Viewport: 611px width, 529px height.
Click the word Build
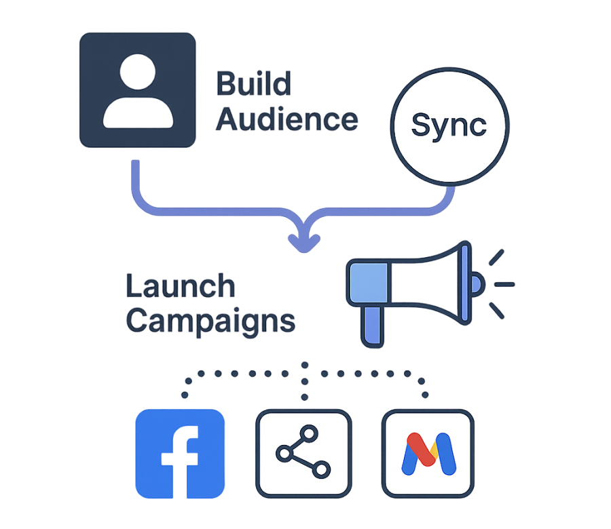[x=253, y=84]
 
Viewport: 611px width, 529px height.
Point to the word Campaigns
[x=211, y=319]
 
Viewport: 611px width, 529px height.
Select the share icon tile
[x=303, y=452]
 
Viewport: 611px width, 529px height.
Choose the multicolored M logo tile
[x=427, y=452]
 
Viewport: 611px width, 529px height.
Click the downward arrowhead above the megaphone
[x=303, y=239]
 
